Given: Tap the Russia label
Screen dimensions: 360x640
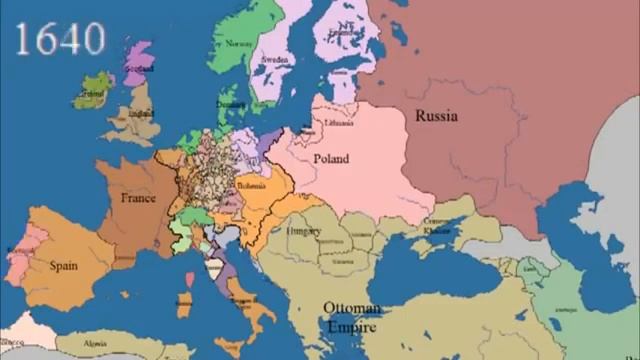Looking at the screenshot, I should [436, 115].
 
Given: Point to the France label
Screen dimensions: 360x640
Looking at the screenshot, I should [138, 198].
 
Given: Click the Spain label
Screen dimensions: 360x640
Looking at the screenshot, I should [64, 267].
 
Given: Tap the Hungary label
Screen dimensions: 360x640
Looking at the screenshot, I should [302, 231].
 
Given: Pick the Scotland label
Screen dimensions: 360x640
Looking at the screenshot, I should [139, 68].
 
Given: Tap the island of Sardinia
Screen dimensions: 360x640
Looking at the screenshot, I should [184, 300].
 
